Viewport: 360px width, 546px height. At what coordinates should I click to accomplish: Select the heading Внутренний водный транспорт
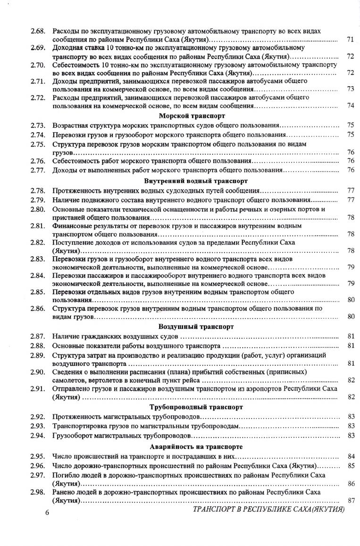tap(196, 181)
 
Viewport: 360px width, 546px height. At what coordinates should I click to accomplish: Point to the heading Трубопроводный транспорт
tap(196, 406)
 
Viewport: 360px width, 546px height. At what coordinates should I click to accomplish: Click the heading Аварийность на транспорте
tap(196, 446)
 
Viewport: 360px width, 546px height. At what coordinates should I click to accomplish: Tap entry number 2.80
tap(38, 209)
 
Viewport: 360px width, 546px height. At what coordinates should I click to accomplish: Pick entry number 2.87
tap(38, 336)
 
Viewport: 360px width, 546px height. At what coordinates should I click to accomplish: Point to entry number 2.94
tap(38, 435)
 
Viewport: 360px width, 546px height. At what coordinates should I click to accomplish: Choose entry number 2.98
tap(38, 492)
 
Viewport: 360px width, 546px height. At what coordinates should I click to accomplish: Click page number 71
tap(350, 40)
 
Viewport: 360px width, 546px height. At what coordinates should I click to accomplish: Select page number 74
tap(350, 105)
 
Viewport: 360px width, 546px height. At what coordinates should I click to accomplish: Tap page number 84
tap(350, 456)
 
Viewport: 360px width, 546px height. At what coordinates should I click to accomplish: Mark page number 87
tap(350, 501)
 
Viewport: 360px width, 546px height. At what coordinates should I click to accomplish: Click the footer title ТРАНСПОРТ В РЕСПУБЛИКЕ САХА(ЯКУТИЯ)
tap(269, 510)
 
